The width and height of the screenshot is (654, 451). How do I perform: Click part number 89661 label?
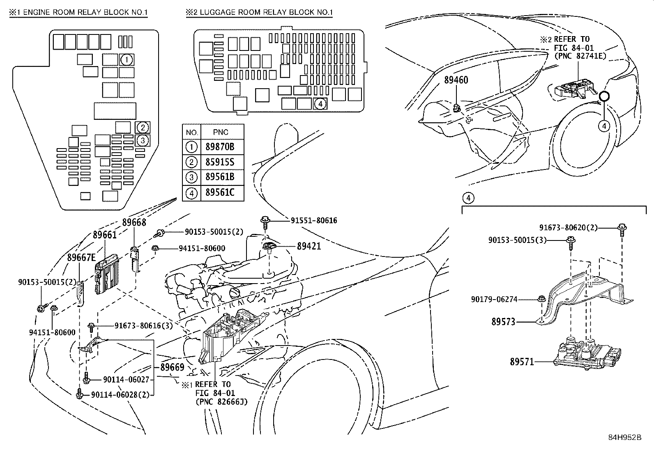104,235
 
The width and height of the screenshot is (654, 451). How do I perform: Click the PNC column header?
221,132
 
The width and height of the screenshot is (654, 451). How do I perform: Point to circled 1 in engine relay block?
127,60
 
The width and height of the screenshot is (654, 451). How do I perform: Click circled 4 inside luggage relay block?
320,104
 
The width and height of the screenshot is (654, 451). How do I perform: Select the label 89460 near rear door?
456,80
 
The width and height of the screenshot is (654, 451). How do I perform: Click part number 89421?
309,246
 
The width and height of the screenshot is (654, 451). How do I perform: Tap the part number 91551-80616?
314,221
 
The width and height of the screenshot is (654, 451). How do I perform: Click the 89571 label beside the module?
522,362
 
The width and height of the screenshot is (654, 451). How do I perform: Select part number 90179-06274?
494,300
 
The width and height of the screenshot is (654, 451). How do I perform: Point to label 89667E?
81,257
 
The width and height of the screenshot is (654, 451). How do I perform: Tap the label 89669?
172,367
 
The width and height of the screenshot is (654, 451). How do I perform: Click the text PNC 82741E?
580,56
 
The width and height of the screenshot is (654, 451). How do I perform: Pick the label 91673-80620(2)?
569,227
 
